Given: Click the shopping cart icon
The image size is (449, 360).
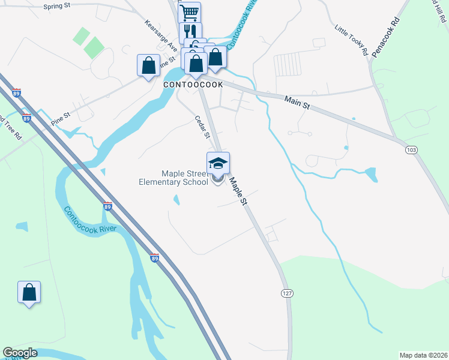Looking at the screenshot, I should pyautogui.click(x=189, y=12).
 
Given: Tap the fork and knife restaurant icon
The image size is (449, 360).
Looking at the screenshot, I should pyautogui.click(x=190, y=32).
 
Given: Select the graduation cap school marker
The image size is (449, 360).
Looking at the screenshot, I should pyautogui.click(x=218, y=163).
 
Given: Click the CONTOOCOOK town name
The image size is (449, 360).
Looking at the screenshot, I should pyautogui.click(x=193, y=85).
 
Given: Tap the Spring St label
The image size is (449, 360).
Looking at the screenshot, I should pyautogui.click(x=56, y=7).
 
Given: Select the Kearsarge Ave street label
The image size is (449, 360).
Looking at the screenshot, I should pyautogui.click(x=161, y=35).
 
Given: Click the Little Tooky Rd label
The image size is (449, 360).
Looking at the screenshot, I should pyautogui.click(x=351, y=40).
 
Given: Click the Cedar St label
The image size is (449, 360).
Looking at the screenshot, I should pyautogui.click(x=201, y=127).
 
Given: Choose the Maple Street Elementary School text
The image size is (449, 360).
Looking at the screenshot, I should pyautogui.click(x=173, y=178).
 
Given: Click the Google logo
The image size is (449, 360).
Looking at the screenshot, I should pyautogui.click(x=20, y=353).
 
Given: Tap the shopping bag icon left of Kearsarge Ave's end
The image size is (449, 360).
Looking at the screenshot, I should pyautogui.click(x=148, y=65).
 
